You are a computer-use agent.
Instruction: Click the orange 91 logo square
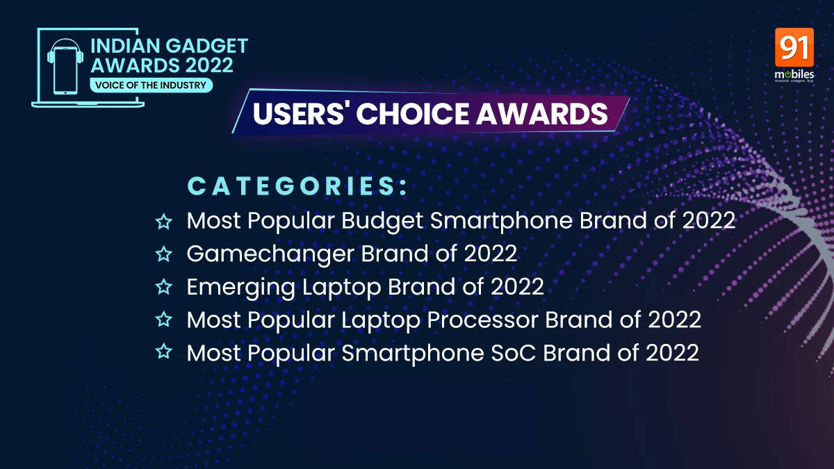(x=794, y=47)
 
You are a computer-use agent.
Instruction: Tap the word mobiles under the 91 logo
(x=794, y=74)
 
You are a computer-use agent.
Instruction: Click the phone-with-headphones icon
(x=65, y=66)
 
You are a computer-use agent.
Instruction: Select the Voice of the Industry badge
(x=151, y=85)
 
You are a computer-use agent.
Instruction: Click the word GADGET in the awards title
(x=206, y=46)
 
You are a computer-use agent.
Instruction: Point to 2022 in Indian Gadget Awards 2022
(x=209, y=65)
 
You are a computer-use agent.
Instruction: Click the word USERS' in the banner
(x=298, y=113)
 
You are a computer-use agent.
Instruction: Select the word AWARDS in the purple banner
(x=542, y=113)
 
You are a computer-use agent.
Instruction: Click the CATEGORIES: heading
(x=298, y=186)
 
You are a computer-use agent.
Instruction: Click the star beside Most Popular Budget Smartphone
(x=164, y=222)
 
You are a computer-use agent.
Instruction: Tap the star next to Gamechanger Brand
(x=164, y=254)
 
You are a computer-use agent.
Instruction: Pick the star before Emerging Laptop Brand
(x=164, y=287)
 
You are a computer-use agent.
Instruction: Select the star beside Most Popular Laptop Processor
(x=164, y=320)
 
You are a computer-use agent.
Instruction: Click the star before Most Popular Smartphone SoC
(x=164, y=352)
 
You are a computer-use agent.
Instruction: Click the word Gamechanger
(x=270, y=255)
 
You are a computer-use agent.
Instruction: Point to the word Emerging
(x=241, y=288)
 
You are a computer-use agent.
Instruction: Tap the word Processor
(x=482, y=320)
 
